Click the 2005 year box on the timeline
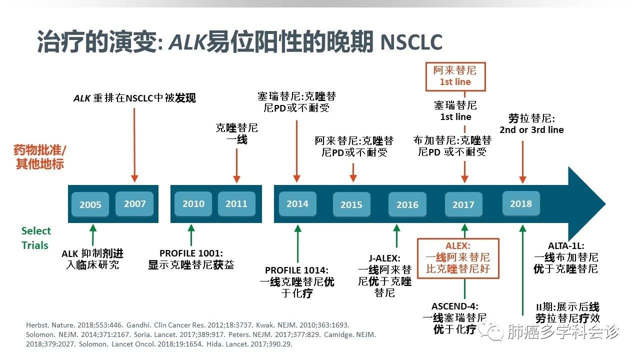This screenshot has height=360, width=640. click(x=90, y=204)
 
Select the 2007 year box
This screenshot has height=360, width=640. click(x=134, y=203)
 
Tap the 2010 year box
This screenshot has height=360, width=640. click(x=193, y=203)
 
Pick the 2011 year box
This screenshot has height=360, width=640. click(x=236, y=203)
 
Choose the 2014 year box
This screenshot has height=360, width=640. click(x=297, y=203)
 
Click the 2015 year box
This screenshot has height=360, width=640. click(x=351, y=204)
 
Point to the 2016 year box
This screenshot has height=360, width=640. click(x=407, y=204)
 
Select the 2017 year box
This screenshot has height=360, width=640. click(x=463, y=204)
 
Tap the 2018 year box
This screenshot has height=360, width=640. click(x=521, y=203)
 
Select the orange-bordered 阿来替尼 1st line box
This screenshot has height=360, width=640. click(x=455, y=76)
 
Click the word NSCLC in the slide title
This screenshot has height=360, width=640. click(x=411, y=43)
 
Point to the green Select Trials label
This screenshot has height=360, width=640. click(x=35, y=238)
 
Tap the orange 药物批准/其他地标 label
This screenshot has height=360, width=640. click(x=40, y=157)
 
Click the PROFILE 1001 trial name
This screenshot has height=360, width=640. click(x=191, y=253)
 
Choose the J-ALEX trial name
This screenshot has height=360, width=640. click(x=384, y=258)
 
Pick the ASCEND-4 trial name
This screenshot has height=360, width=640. click(x=455, y=306)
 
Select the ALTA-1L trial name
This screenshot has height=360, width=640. click(x=566, y=245)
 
